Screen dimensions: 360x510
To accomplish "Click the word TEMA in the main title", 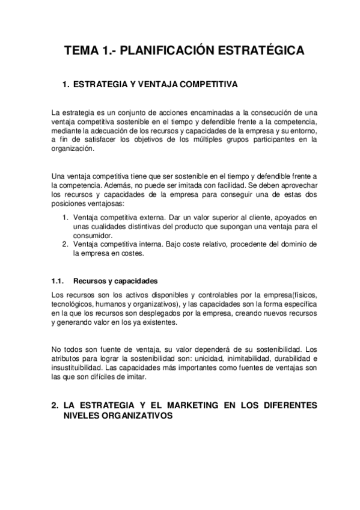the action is pyautogui.click(x=81, y=51).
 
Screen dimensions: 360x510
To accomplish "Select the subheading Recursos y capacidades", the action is pyautogui.click(x=115, y=281).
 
